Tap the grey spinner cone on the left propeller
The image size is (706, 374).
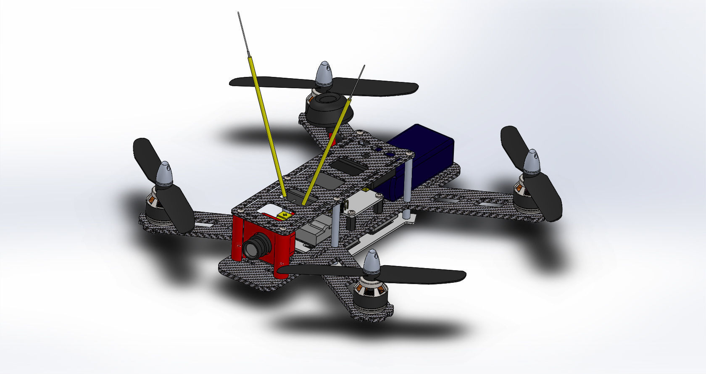pyautogui.click(x=164, y=174)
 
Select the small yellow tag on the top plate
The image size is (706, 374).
pyautogui.click(x=285, y=215)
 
